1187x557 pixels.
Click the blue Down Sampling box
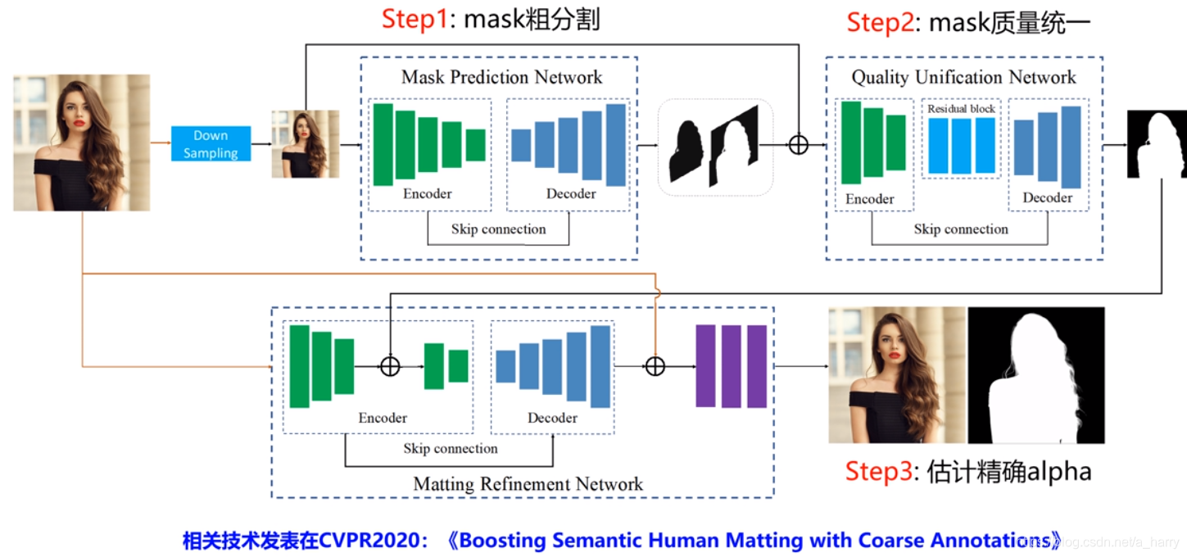tap(211, 144)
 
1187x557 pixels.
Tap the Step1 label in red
tap(415, 20)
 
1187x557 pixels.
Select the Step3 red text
tap(878, 472)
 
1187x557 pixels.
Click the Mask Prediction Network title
tap(501, 78)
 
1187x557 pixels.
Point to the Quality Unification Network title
tap(963, 78)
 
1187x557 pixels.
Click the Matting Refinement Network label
tap(528, 484)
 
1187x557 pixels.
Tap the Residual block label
tap(961, 109)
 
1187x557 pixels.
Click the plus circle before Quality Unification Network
tap(798, 145)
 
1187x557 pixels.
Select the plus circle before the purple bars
tap(655, 366)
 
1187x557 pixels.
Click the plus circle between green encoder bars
tap(390, 366)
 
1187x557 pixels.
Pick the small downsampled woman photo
tap(305, 144)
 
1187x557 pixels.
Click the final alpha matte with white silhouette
tap(1036, 375)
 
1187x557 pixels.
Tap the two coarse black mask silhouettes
tap(714, 147)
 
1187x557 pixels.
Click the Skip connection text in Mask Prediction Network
tap(498, 229)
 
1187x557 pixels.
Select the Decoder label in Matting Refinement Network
tap(552, 418)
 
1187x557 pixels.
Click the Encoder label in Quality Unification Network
tap(869, 199)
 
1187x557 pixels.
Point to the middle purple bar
tap(731, 366)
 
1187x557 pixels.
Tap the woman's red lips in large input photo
tap(79, 125)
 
